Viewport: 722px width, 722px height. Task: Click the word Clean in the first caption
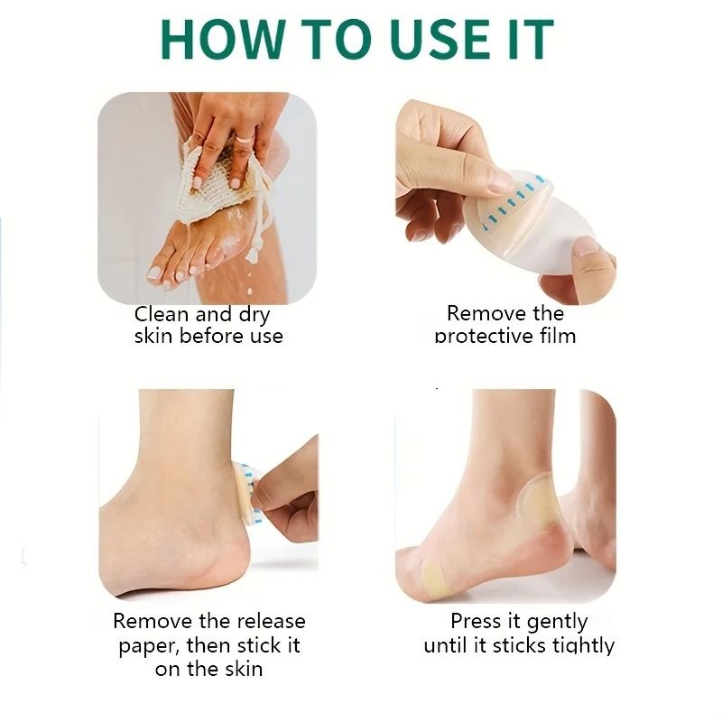click(161, 315)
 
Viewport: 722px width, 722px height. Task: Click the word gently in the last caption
click(557, 622)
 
